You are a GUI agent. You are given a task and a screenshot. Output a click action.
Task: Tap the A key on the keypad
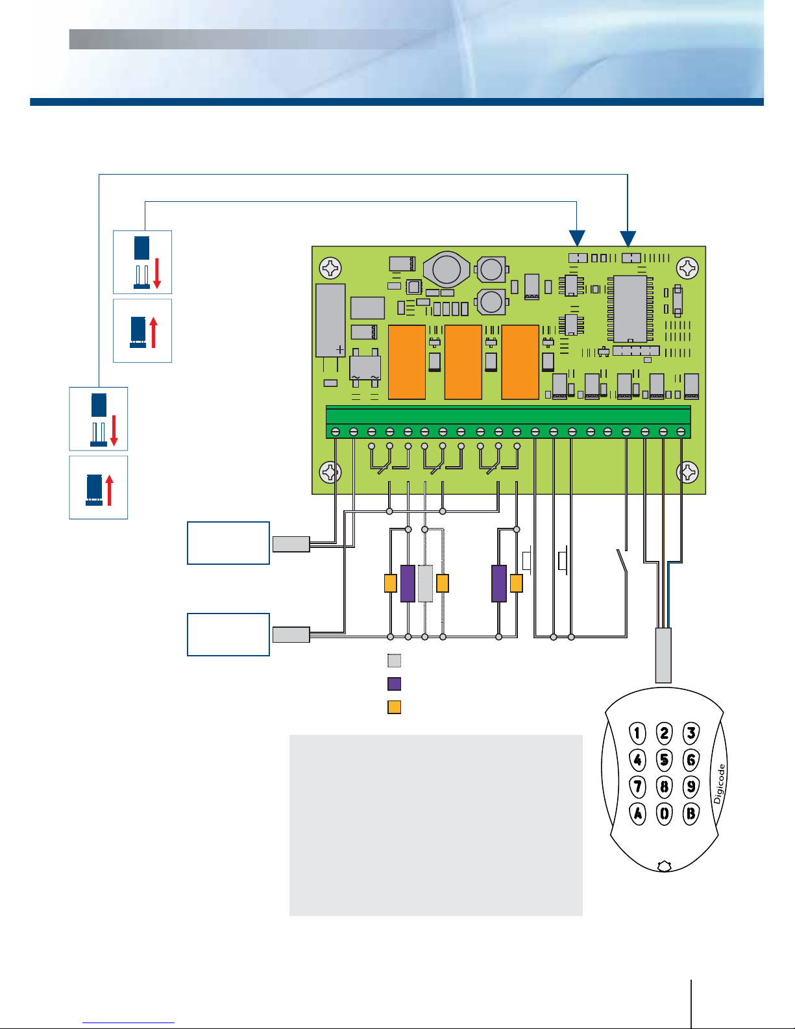pyautogui.click(x=638, y=813)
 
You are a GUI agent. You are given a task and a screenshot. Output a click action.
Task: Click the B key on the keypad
pyautogui.click(x=691, y=813)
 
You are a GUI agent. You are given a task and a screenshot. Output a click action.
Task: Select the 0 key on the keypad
pyautogui.click(x=665, y=813)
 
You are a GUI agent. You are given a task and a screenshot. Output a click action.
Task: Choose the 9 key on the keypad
pyautogui.click(x=691, y=787)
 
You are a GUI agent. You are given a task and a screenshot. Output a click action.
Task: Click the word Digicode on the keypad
pyautogui.click(x=719, y=784)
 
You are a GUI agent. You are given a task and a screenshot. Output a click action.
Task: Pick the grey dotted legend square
pyautogui.click(x=394, y=661)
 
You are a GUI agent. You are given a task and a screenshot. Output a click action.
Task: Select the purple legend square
pyautogui.click(x=394, y=684)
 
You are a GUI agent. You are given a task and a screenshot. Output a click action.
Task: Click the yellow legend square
pyautogui.click(x=394, y=707)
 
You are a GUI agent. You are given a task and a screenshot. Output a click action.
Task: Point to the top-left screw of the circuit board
pyautogui.click(x=331, y=267)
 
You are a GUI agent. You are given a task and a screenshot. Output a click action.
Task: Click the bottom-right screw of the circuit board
pyautogui.click(x=687, y=472)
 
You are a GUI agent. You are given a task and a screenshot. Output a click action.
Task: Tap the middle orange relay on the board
pyautogui.click(x=463, y=362)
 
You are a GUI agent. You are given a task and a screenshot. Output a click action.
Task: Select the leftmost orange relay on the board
pyautogui.click(x=407, y=362)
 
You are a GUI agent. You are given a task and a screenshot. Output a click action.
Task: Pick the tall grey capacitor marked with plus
pyautogui.click(x=331, y=320)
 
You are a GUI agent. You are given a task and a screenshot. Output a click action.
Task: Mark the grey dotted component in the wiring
pyautogui.click(x=425, y=584)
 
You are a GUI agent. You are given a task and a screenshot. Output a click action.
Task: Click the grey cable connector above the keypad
pyautogui.click(x=663, y=655)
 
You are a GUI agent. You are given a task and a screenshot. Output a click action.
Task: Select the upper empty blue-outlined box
pyautogui.click(x=228, y=543)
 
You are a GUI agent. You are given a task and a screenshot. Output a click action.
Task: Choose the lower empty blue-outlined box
pyautogui.click(x=228, y=634)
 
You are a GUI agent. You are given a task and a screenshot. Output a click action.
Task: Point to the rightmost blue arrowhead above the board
pyautogui.click(x=628, y=239)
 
